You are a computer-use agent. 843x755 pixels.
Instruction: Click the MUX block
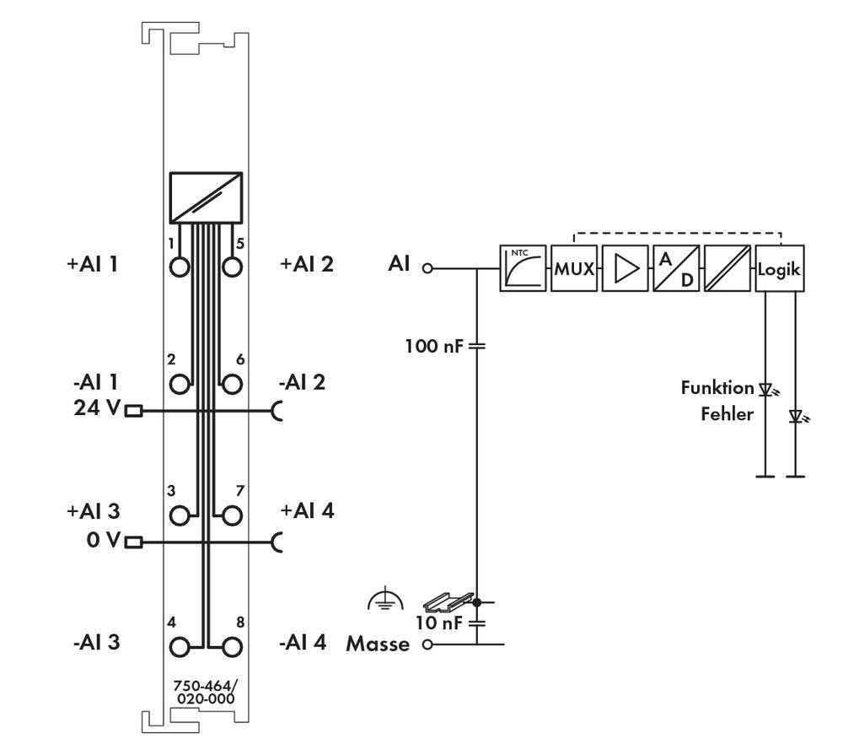pyautogui.click(x=573, y=269)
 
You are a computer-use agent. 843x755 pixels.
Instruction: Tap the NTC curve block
pyautogui.click(x=523, y=269)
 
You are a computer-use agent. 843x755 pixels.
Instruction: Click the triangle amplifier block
pyautogui.click(x=625, y=269)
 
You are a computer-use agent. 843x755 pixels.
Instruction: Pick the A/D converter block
pyautogui.click(x=675, y=269)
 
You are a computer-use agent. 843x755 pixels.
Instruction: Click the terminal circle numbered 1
pyautogui.click(x=180, y=267)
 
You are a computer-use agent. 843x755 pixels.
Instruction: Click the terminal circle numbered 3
pyautogui.click(x=180, y=515)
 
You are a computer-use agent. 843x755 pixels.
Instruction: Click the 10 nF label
pyautogui.click(x=438, y=623)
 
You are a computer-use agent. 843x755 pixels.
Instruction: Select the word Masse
pyautogui.click(x=378, y=645)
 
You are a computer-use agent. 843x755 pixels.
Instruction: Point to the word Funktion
pyautogui.click(x=717, y=389)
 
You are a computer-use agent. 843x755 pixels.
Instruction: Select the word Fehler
pyautogui.click(x=727, y=414)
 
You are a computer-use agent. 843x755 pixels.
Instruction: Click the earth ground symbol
pyautogui.click(x=385, y=600)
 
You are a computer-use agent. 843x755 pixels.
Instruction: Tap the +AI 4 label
pyautogui.click(x=307, y=510)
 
